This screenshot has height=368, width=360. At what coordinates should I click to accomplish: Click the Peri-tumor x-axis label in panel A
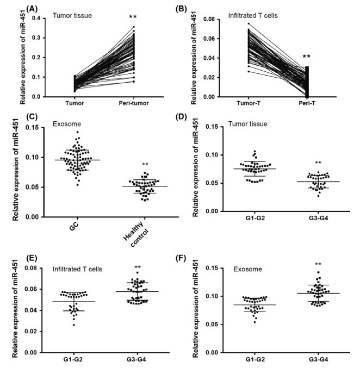pyautogui.click(x=133, y=104)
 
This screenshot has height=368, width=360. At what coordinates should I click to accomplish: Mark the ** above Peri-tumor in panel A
pyautogui.click(x=133, y=16)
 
